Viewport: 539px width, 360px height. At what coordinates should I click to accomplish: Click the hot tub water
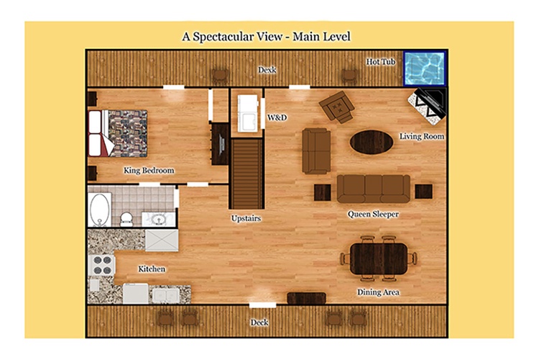click(425, 68)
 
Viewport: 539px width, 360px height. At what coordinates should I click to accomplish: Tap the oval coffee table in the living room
click(372, 142)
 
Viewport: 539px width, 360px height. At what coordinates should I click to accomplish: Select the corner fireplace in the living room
click(427, 106)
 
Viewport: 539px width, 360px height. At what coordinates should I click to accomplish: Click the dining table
click(379, 258)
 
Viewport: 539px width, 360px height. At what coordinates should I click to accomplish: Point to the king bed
click(118, 133)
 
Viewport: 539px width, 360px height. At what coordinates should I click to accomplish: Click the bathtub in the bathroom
click(100, 210)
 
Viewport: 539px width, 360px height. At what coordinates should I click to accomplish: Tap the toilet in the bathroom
click(126, 219)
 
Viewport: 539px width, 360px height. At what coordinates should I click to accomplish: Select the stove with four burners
click(102, 265)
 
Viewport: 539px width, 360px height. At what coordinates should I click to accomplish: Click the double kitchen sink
click(166, 295)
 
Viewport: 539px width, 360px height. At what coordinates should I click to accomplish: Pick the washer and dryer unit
click(247, 113)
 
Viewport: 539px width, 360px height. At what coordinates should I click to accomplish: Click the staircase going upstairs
click(247, 174)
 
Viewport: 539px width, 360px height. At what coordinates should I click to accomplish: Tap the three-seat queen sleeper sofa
click(373, 189)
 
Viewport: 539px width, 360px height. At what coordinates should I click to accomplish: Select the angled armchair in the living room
click(336, 107)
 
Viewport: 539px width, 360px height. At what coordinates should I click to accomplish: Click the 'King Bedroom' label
click(149, 171)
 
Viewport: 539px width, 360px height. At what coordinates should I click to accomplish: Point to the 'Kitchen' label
click(152, 269)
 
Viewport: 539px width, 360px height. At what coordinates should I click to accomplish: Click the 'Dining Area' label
click(378, 292)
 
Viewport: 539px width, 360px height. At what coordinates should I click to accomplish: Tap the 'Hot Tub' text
click(380, 62)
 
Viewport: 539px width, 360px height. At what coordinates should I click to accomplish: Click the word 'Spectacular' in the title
click(238, 37)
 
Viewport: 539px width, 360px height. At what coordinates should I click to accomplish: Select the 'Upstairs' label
click(246, 218)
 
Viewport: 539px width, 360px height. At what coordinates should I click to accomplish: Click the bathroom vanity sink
click(159, 219)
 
